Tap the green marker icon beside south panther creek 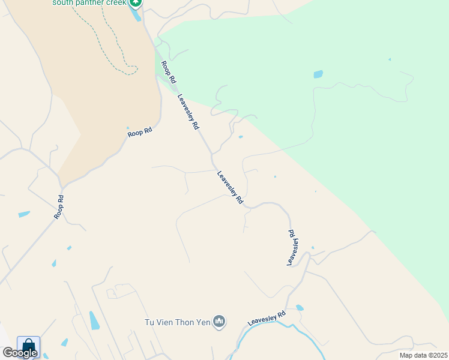pyautogui.click(x=136, y=2)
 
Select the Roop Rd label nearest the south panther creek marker pyautogui.click(x=169, y=71)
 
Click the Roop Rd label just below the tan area pyautogui.click(x=140, y=131)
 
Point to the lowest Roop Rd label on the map pyautogui.click(x=59, y=207)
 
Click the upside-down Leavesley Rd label pyautogui.click(x=292, y=247)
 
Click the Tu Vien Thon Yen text pyautogui.click(x=178, y=322)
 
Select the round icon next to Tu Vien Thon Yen pyautogui.click(x=219, y=322)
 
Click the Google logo pyautogui.click(x=20, y=352)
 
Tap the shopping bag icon pyautogui.click(x=28, y=346)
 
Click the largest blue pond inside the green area pyautogui.click(x=318, y=74)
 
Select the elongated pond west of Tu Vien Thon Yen pyautogui.click(x=94, y=320)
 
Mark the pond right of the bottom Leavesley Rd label pyautogui.click(x=300, y=308)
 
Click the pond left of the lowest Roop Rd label pyautogui.click(x=24, y=214)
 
